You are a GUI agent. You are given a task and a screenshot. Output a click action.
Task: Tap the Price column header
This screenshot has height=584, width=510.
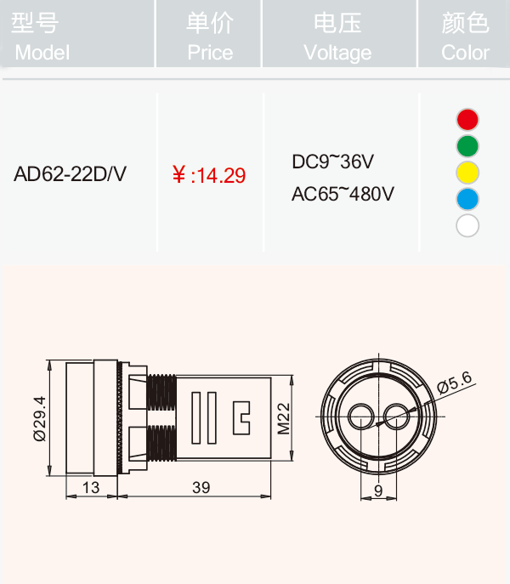coord(210,36)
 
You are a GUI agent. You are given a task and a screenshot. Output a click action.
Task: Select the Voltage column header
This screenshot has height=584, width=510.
coord(337,36)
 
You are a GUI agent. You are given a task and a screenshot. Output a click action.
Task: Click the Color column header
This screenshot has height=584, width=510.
coord(465,36)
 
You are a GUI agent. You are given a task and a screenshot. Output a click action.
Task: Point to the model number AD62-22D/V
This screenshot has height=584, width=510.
coord(70,173)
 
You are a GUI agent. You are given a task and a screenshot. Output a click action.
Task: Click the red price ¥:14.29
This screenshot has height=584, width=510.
coord(209,175)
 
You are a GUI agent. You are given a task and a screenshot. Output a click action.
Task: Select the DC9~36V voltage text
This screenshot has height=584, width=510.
coord(332,162)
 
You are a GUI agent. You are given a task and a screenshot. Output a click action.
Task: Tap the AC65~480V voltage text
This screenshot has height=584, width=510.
coord(343,194)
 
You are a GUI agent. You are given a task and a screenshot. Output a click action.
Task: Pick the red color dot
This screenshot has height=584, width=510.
coord(467,120)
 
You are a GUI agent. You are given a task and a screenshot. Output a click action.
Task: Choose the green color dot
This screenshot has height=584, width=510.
coord(467,146)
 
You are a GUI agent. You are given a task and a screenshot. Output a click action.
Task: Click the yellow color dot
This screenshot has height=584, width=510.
coord(467,173)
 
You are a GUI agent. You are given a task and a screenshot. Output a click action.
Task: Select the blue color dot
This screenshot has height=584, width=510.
coord(467,199)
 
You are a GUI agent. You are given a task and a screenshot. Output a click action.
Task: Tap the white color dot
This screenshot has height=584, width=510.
coord(467,225)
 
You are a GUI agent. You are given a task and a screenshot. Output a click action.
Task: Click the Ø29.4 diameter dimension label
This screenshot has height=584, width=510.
coord(39,418)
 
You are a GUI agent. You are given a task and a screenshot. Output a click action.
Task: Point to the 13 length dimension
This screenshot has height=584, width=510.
coord(91,487)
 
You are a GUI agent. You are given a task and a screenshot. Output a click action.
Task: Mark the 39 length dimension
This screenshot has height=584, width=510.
coord(201,487)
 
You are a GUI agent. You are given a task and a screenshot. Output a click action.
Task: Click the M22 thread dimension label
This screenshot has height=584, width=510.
coord(284,418)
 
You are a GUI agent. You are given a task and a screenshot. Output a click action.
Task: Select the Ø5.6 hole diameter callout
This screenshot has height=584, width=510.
coord(455,383)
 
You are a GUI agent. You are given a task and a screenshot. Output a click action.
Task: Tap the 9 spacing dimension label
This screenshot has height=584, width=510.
coord(378,490)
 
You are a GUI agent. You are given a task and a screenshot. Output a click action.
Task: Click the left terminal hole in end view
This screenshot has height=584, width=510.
coord(360,417)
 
